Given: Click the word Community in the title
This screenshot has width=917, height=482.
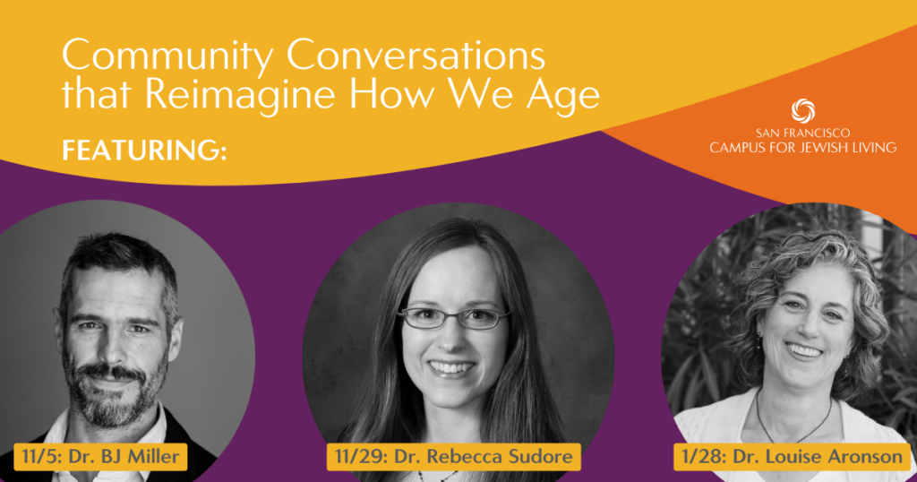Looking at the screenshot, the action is [x=167, y=56].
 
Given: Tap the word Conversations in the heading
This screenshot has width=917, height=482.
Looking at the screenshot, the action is [x=416, y=55].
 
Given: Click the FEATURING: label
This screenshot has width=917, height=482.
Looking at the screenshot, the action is [x=144, y=150].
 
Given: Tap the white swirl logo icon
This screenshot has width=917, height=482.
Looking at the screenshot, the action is [x=803, y=111].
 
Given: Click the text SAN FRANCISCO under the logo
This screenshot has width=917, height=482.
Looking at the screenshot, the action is [x=803, y=133].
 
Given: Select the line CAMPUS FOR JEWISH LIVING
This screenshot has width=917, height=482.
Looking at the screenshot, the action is [x=803, y=147].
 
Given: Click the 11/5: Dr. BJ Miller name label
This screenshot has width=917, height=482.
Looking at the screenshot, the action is [x=100, y=456].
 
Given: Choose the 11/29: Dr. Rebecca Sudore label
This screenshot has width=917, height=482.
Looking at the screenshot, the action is [x=453, y=456].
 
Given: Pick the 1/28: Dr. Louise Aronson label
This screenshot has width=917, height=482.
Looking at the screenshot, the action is [x=793, y=456].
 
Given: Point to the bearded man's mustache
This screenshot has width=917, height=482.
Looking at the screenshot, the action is [x=110, y=371].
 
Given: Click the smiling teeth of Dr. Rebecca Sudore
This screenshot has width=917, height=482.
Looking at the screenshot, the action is [x=451, y=368].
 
